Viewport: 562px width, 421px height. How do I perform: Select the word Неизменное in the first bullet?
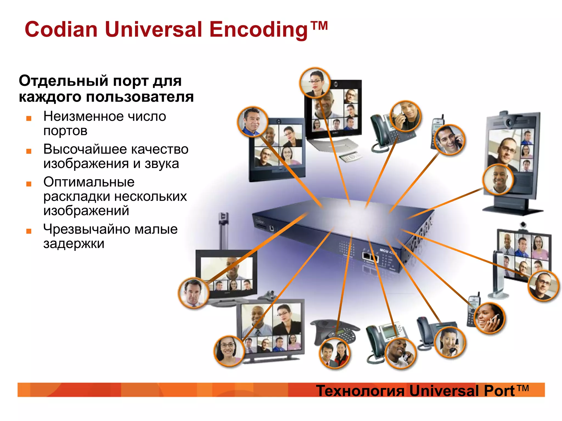(83, 116)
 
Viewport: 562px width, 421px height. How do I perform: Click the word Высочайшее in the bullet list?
(85, 149)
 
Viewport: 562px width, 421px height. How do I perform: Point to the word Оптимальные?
(89, 182)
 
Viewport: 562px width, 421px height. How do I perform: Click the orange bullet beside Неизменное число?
(29, 118)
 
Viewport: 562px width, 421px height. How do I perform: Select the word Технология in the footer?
(360, 391)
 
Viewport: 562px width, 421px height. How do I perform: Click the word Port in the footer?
(499, 391)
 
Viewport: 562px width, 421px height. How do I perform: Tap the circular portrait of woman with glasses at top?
(315, 83)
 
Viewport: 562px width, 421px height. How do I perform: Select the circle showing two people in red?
(334, 353)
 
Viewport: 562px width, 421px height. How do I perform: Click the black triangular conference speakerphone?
(335, 330)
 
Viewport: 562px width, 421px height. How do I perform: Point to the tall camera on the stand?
(224, 230)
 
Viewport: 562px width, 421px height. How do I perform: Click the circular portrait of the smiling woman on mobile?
(489, 318)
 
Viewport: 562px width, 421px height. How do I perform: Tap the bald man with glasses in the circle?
(543, 286)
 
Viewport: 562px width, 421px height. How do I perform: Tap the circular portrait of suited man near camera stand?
(193, 293)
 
